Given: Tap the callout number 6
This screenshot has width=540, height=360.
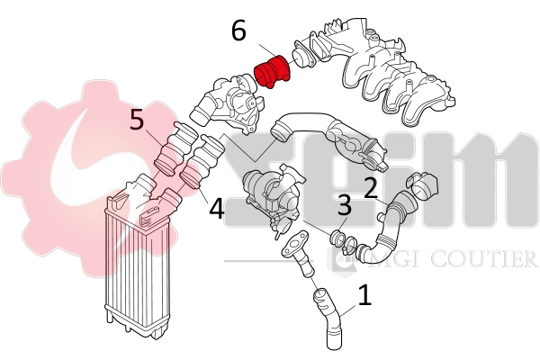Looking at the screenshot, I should (x=238, y=31).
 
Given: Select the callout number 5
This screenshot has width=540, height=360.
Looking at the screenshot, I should (x=137, y=120).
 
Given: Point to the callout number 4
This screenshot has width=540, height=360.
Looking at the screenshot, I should (x=216, y=209).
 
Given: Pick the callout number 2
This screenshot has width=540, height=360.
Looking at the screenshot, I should (x=369, y=187).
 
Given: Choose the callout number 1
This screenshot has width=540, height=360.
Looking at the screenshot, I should (x=364, y=294).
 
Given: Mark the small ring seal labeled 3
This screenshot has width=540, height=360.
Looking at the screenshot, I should (x=339, y=239).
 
